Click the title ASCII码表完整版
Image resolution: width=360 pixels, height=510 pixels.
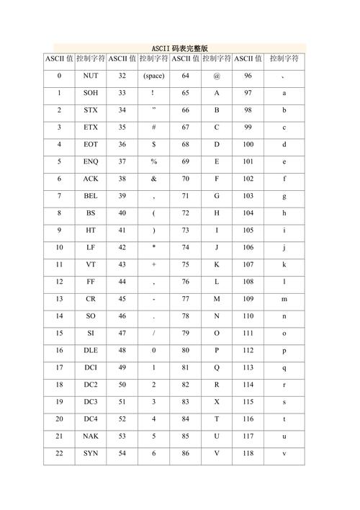pos(180,48)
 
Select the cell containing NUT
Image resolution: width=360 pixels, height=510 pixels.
pos(91,76)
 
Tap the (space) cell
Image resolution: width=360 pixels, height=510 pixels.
pos(153,76)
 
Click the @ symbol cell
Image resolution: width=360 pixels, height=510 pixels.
pos(216,76)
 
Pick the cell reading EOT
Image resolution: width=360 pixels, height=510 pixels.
pos(91,144)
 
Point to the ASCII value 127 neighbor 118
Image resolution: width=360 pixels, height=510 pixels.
pos(248,453)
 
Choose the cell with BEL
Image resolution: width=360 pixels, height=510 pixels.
pos(91,196)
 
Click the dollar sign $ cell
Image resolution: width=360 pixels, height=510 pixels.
pos(153,144)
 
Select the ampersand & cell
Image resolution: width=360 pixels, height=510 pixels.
pos(153,179)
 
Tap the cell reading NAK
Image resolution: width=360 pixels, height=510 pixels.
pos(91,436)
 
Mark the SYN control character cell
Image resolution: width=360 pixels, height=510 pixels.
pos(91,453)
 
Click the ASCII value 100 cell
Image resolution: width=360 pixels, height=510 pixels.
pos(248,144)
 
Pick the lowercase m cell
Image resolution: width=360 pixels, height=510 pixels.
pos(284,299)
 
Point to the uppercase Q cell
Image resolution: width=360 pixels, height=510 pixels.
pos(216,367)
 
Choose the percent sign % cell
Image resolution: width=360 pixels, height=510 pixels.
pos(153,161)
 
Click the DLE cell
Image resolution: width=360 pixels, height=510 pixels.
pos(91,350)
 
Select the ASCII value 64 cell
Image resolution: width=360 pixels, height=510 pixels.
pos(186,76)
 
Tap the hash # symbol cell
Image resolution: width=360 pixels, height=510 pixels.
pos(153,127)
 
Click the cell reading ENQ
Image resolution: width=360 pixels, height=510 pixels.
pos(91,161)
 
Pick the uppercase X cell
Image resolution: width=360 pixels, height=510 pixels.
pos(216,402)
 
